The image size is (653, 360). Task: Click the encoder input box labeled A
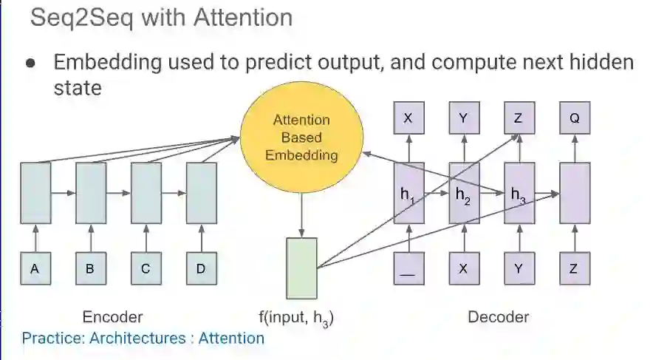point(35,269)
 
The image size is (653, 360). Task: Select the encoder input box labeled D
point(201,269)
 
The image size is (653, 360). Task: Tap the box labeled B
point(90,269)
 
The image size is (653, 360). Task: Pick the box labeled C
point(146,269)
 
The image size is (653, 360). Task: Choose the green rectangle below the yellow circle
point(301,268)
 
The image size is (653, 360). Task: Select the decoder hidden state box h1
point(408,193)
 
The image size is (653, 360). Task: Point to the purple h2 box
point(464,193)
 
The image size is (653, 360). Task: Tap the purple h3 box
point(519,193)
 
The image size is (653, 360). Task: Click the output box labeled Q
point(574,118)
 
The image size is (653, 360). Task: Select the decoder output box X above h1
point(408,118)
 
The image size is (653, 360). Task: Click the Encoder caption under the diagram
point(112,317)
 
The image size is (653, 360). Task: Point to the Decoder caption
point(498,317)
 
